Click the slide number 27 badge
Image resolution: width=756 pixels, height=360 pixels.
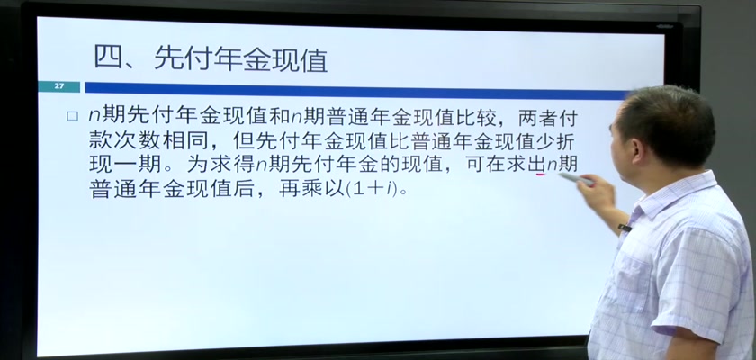point(58,86)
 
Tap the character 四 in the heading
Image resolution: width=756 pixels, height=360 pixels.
point(108,58)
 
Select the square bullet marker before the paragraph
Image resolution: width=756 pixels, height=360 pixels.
point(72,116)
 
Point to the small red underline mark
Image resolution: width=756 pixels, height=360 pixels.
point(541,174)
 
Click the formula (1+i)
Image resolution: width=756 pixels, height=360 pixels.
point(373,189)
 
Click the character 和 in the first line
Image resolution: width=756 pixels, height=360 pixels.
point(279,117)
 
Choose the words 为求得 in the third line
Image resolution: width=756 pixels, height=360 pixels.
point(220,165)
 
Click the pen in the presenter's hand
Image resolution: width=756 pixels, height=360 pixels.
point(576,179)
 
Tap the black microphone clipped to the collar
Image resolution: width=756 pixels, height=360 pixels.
point(625,228)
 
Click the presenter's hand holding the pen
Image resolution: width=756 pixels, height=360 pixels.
point(596,192)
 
